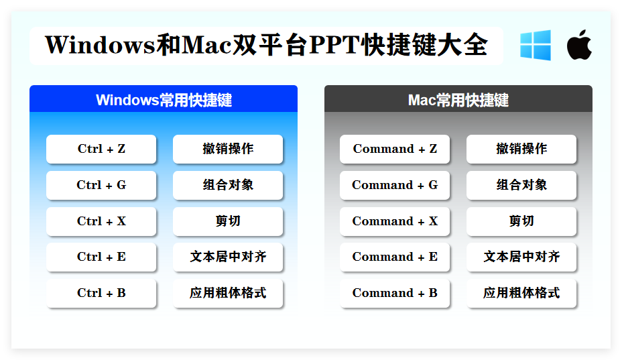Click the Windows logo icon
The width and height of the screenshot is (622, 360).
click(x=535, y=46)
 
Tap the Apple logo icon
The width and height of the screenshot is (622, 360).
click(x=578, y=46)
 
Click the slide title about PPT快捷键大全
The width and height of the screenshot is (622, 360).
click(x=266, y=46)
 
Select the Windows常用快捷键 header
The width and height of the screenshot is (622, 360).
click(x=164, y=100)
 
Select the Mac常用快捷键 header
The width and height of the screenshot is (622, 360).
click(x=458, y=100)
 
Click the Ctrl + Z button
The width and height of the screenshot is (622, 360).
click(x=101, y=149)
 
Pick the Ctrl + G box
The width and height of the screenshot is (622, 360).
click(x=101, y=185)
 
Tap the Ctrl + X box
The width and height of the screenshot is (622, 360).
click(x=101, y=221)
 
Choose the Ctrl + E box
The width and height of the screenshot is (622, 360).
click(x=101, y=257)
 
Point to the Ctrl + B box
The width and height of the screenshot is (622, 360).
click(x=101, y=293)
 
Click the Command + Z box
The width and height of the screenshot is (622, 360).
click(x=395, y=149)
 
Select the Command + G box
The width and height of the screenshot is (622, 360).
click(x=395, y=185)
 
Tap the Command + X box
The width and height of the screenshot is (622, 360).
click(x=395, y=221)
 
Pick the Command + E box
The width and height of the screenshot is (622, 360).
click(x=395, y=257)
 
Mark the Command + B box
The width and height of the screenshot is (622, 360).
click(x=395, y=293)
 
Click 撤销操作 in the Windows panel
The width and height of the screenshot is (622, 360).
click(x=228, y=149)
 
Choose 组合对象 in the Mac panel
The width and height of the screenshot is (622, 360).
click(x=521, y=185)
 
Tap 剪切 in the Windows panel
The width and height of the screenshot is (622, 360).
click(x=228, y=221)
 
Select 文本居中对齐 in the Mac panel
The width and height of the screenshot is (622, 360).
click(x=521, y=257)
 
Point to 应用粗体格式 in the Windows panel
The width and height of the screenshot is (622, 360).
click(x=228, y=293)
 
